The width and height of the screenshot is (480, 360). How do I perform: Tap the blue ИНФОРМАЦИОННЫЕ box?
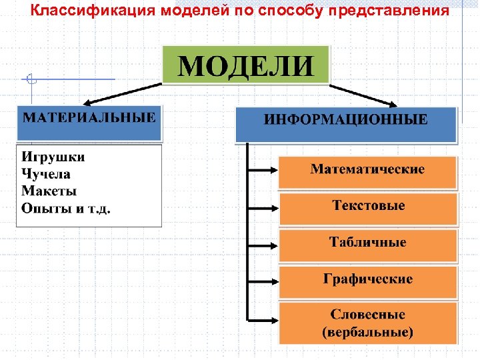(x=346, y=124)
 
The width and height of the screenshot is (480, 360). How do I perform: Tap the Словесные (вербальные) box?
(x=368, y=323)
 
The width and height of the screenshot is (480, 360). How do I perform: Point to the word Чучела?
(x=46, y=175)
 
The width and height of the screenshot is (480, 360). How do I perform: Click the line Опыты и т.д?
(x=66, y=208)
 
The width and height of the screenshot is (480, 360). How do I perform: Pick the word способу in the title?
(x=289, y=11)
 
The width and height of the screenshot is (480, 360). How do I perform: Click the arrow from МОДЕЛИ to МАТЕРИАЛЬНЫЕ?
(x=123, y=94)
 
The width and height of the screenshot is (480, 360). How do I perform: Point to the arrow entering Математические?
(x=263, y=170)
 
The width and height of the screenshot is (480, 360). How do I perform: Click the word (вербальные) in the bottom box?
(x=368, y=331)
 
